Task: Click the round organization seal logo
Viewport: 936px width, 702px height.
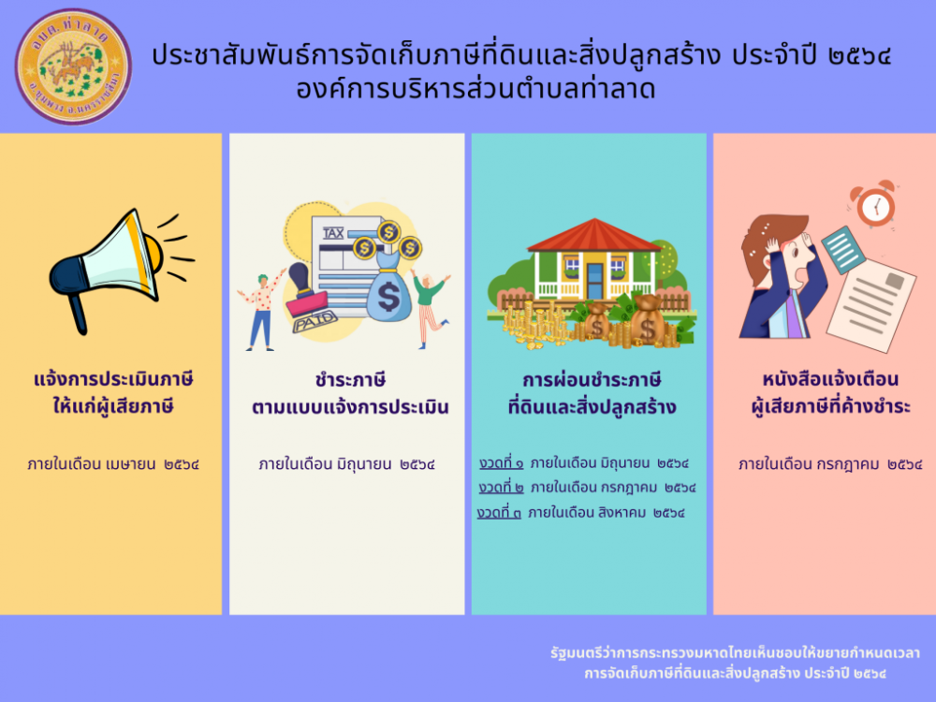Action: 73,66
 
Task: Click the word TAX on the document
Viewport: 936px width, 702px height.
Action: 333,233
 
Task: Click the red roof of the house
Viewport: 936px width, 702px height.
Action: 594,235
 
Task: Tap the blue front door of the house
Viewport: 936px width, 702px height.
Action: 594,281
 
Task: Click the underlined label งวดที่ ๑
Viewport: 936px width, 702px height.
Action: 502,463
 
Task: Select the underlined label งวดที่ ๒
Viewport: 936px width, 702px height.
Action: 502,488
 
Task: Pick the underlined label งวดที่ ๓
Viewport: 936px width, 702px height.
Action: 499,513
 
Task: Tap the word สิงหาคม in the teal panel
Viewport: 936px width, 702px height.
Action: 622,513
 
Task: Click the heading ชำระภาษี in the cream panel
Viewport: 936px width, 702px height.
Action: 350,380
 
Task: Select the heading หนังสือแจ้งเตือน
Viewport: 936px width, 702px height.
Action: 830,380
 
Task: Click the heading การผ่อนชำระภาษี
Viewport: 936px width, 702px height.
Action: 592,380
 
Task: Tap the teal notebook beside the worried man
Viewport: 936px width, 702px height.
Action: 843,250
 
